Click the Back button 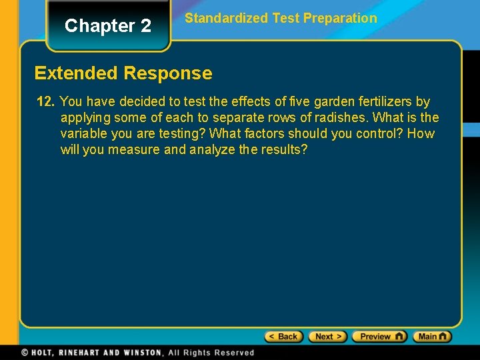pos(284,337)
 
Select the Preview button pos(379,337)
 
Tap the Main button pos(432,337)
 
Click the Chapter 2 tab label pos(108,26)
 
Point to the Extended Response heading pos(123,73)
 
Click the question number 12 pos(45,102)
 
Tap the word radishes pos(339,118)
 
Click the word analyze pos(211,150)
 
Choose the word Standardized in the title pos(227,19)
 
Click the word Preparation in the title pos(340,19)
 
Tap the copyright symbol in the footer pos(25,353)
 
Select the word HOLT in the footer pos(44,353)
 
